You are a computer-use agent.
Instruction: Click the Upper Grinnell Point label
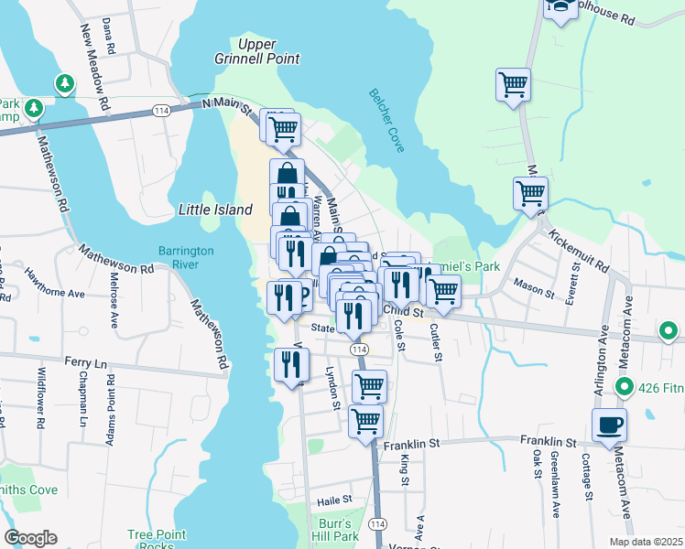[x=268, y=51]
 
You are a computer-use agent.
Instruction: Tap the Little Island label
[x=214, y=210]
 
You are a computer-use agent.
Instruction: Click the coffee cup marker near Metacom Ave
[x=609, y=425]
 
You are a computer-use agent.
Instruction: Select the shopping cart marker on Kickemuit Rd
[x=531, y=194]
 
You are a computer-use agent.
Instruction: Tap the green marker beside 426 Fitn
[x=624, y=388]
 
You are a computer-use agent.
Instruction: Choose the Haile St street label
[x=334, y=500]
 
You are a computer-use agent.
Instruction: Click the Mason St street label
[x=531, y=283]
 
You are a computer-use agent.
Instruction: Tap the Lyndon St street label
[x=333, y=388]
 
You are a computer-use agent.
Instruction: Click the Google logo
[x=31, y=538]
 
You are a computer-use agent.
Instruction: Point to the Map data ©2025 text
[x=645, y=542]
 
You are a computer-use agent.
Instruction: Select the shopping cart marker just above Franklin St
[x=365, y=421]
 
